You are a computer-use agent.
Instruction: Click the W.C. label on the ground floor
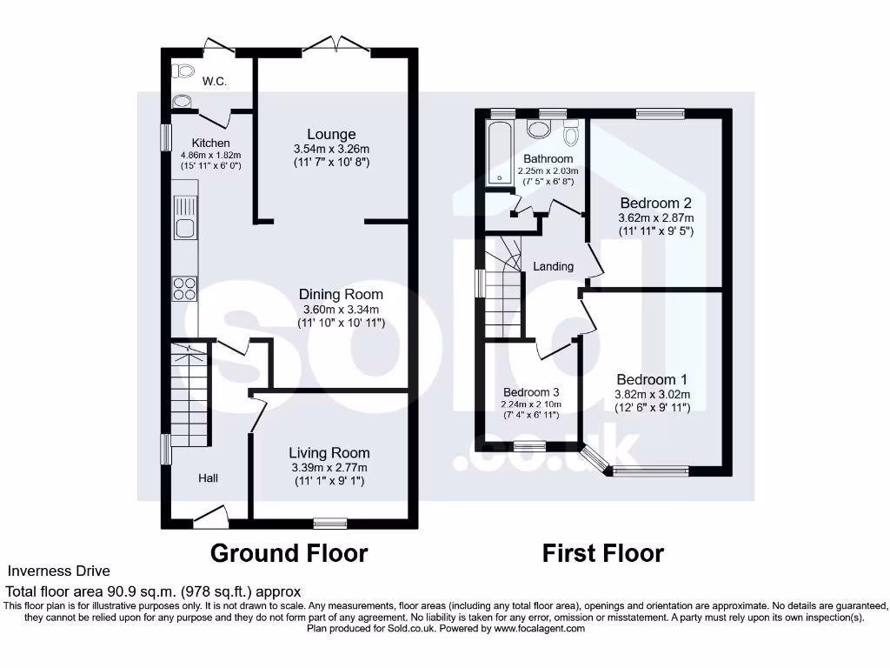215,82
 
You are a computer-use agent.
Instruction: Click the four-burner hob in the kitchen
185,288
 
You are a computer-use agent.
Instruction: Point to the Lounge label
331,134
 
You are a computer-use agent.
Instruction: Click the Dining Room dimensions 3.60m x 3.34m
342,310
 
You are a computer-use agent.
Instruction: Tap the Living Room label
329,452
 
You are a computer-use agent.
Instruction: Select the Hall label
208,478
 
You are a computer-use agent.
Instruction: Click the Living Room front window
329,523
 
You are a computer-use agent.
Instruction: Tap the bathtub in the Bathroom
499,153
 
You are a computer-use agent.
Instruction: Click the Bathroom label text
548,159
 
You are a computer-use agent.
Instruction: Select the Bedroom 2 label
656,204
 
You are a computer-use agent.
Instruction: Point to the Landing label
554,266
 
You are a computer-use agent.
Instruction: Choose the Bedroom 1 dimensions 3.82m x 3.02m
653,394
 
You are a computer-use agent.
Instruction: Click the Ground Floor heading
289,553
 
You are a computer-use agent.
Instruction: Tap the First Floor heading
603,553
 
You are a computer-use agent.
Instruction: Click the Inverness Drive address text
59,571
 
